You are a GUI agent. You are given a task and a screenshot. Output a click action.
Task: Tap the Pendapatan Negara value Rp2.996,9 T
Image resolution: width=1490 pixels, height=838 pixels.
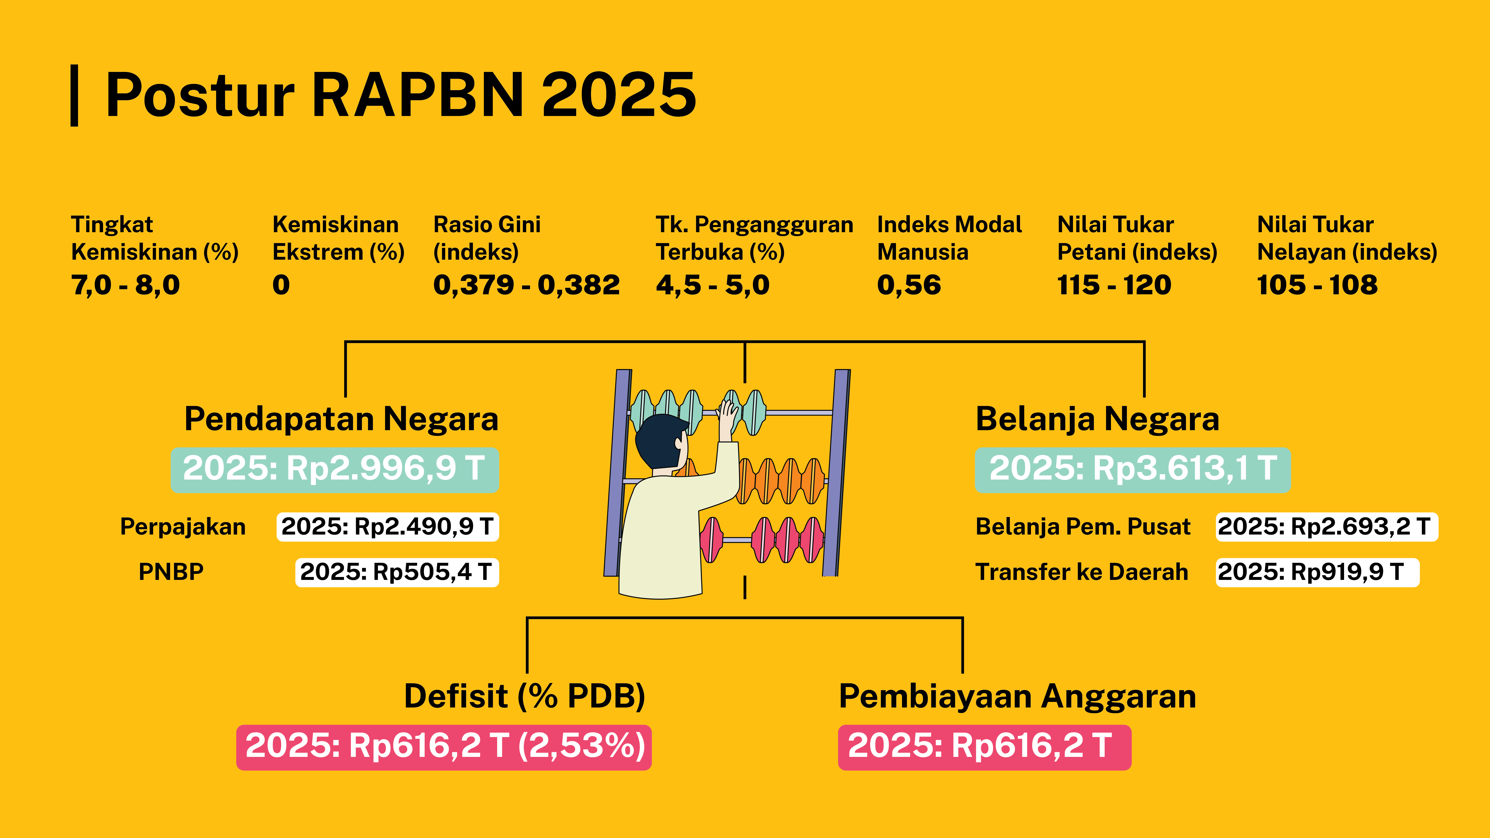334,469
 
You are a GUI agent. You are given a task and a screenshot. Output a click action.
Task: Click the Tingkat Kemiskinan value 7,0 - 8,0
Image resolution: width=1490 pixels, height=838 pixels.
126,285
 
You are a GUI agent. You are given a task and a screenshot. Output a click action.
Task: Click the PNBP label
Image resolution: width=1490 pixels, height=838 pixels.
171,572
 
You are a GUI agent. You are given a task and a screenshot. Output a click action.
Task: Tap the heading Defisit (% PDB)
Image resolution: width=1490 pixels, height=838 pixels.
524,696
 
